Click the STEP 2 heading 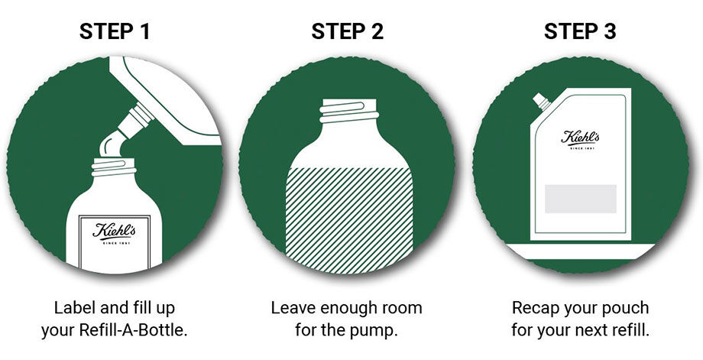coord(348,32)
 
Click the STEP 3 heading coord(581,32)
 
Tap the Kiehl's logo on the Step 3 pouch coord(581,138)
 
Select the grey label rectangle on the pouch coord(581,199)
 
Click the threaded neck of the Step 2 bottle coord(348,111)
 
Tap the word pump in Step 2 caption coord(379,331)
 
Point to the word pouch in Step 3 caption coord(624,308)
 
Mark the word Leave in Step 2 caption coord(291,308)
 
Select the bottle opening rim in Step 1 coord(112,162)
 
